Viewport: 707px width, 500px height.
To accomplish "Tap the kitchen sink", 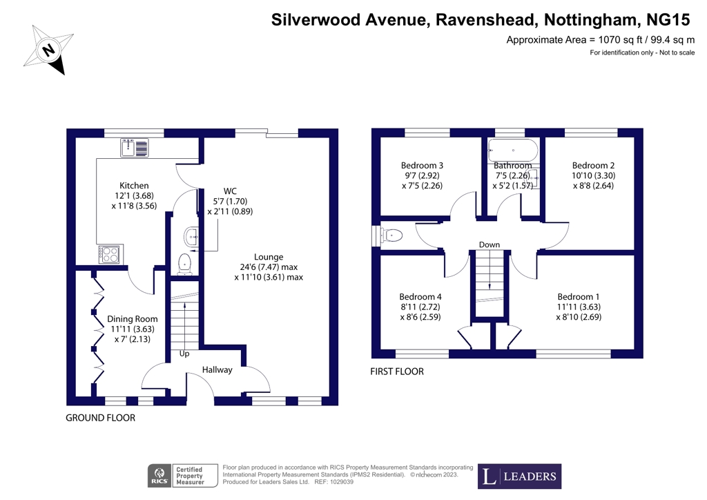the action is [134, 146].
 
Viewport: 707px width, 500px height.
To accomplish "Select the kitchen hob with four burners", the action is [110, 254].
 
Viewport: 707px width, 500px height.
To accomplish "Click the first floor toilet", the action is [390, 235].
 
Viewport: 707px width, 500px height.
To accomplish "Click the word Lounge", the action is [269, 257].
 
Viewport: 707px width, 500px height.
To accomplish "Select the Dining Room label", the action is [132, 319].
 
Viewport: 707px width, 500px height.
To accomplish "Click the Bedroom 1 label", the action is [579, 297].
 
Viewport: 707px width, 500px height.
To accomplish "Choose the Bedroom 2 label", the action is [593, 166].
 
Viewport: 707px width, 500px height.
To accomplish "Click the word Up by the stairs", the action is [184, 354].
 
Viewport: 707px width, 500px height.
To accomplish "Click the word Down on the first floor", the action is [490, 244].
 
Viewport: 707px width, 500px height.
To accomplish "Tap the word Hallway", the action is [217, 370].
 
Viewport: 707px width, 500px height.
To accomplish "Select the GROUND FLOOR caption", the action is [100, 418].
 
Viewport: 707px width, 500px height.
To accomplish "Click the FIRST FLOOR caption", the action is [397, 372].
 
